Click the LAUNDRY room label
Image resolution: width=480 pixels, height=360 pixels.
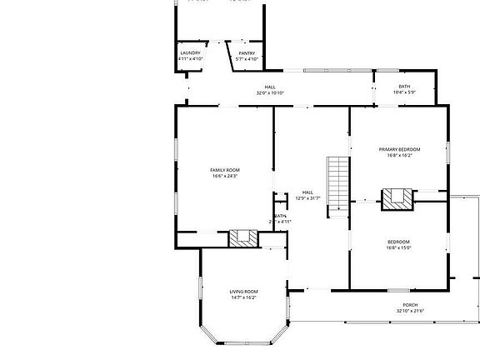(x=190, y=53)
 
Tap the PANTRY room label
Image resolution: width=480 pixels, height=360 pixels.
(x=247, y=53)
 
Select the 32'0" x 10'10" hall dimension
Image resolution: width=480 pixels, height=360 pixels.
(x=270, y=92)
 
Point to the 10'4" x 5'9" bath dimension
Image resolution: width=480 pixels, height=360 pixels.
(x=404, y=92)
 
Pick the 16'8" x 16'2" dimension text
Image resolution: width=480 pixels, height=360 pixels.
(x=399, y=155)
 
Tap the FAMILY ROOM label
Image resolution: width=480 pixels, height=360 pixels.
(x=225, y=170)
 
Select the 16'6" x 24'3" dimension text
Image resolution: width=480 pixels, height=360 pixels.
(x=225, y=176)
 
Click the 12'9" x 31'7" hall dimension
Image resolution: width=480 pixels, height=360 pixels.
(x=307, y=198)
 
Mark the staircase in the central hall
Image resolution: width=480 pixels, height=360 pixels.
(x=337, y=183)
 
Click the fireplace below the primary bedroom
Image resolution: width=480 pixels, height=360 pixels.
(x=397, y=198)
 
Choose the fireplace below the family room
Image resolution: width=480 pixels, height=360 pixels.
(x=244, y=237)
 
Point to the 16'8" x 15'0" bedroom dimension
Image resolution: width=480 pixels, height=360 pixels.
(x=397, y=247)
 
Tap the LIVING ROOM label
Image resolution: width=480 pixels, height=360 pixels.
(x=243, y=292)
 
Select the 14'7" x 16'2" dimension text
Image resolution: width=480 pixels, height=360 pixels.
(x=243, y=297)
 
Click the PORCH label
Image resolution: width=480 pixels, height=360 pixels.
(x=410, y=305)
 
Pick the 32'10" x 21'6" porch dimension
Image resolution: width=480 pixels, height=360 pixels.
(x=410, y=311)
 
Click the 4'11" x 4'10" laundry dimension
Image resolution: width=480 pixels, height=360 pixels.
(x=190, y=59)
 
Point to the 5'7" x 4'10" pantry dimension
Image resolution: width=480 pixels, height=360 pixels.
(x=247, y=59)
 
